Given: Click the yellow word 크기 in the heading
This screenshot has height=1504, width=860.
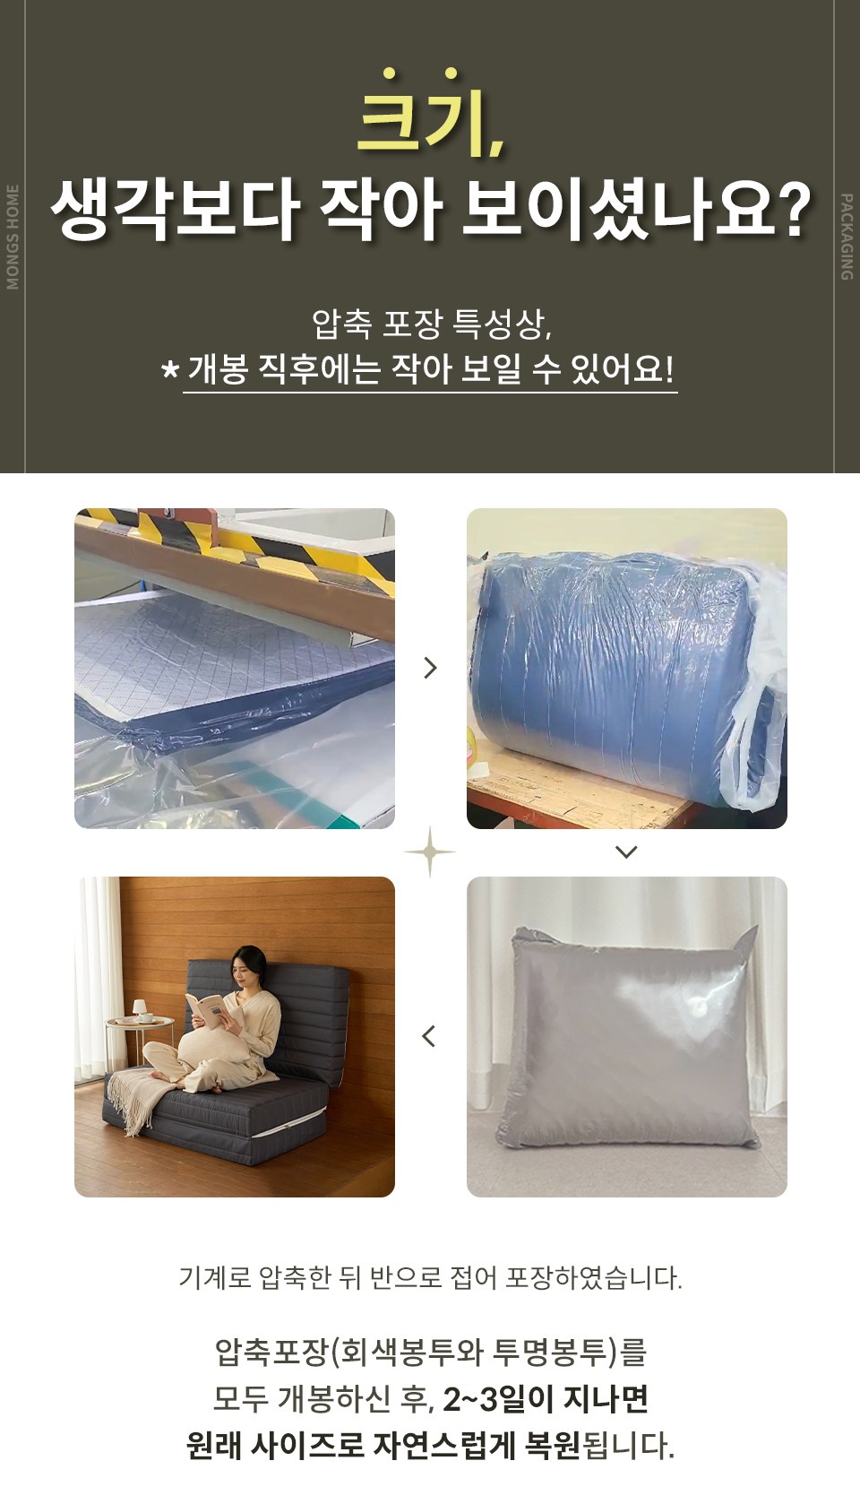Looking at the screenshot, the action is [x=428, y=114].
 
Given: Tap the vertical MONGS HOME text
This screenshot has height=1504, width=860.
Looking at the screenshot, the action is [x=12, y=237].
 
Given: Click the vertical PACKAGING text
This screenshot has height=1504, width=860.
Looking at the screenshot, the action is [x=847, y=237].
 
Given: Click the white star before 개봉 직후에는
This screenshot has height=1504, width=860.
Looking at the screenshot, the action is [x=169, y=370].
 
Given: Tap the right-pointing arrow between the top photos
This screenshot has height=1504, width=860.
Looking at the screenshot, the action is [x=431, y=668].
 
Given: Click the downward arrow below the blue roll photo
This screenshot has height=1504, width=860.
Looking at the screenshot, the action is [x=626, y=852].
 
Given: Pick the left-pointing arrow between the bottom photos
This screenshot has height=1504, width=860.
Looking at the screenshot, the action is [x=429, y=1036].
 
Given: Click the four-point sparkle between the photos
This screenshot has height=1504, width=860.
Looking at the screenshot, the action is [x=429, y=852].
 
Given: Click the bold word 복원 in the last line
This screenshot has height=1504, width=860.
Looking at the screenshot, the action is [x=552, y=1447].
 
